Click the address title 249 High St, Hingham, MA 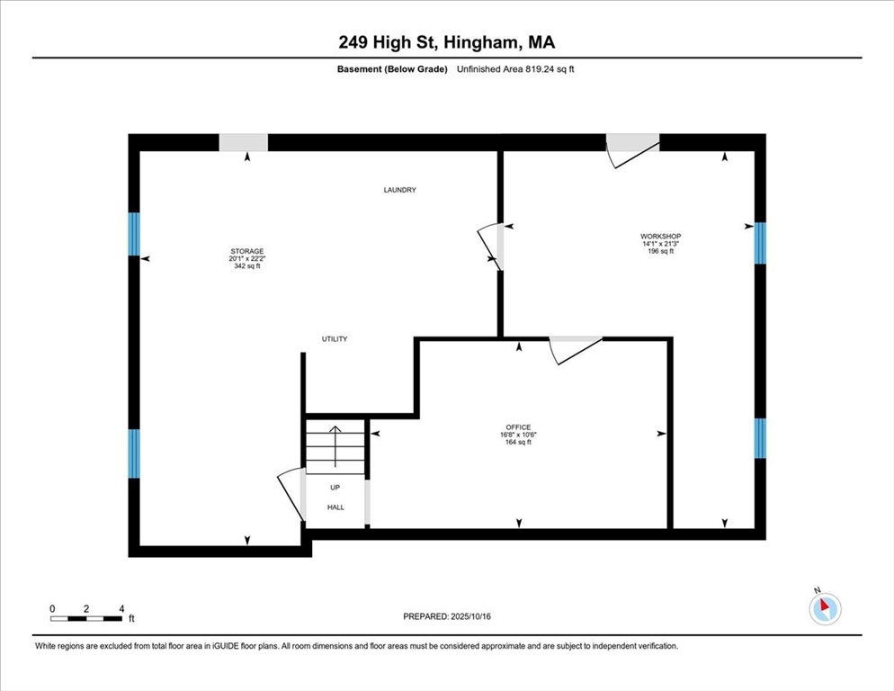point(447,41)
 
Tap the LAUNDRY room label point(399,190)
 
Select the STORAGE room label point(246,251)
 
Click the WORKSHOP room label point(660,237)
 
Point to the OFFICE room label point(518,427)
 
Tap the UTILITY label point(335,339)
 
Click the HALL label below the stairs point(335,507)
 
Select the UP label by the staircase point(335,488)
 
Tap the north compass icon point(824,608)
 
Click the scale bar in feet point(86,618)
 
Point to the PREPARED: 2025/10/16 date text point(447,616)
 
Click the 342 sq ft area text point(246,266)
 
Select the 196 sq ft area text point(660,251)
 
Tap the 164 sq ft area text point(518,442)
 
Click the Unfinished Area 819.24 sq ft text point(514,69)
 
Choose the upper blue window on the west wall point(134,234)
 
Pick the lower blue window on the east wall point(760,438)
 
